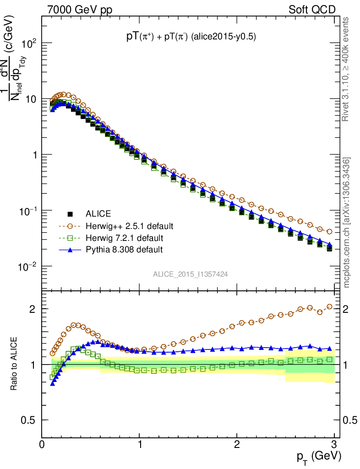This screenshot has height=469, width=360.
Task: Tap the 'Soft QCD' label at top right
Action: click(x=312, y=10)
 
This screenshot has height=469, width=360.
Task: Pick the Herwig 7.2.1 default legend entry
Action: click(x=124, y=238)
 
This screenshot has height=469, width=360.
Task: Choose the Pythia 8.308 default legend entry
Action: click(x=124, y=250)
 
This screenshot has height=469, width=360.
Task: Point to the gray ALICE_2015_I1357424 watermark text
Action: click(x=191, y=274)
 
